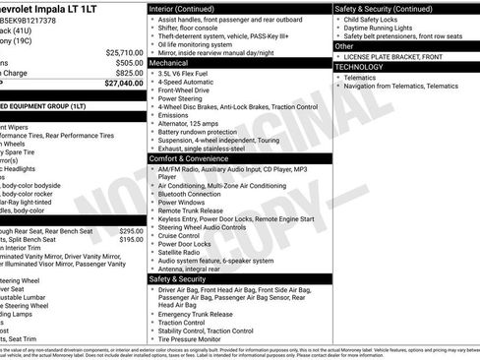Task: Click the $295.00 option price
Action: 131,230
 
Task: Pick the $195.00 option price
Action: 131,239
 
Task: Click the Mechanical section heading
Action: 169,62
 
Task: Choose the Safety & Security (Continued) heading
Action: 384,8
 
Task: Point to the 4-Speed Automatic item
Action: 187,82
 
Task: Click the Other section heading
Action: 345,46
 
